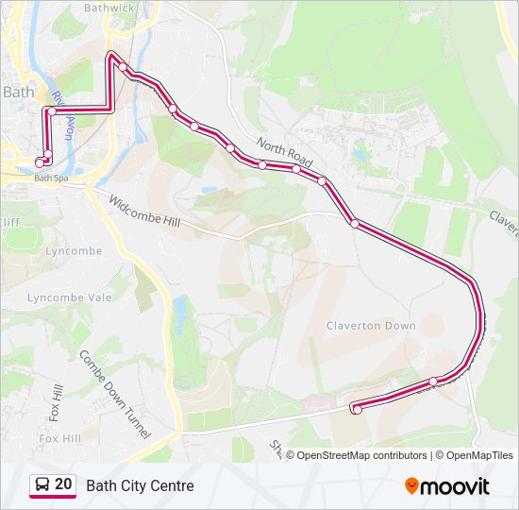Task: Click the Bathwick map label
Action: [110, 8]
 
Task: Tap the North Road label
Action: [284, 149]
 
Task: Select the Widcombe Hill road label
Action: [142, 214]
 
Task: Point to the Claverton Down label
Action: [371, 326]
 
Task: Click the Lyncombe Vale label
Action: [69, 297]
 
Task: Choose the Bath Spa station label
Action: [51, 178]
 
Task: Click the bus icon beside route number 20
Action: [42, 486]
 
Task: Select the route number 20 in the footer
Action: [63, 485]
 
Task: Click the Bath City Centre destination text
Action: [140, 486]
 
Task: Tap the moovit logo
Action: [447, 486]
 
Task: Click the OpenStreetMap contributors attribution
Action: [361, 455]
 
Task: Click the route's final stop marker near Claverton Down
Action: [357, 409]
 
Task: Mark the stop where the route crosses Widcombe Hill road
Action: [355, 224]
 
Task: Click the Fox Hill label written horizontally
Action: [59, 439]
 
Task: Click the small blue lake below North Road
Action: [208, 190]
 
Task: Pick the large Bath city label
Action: [18, 93]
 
